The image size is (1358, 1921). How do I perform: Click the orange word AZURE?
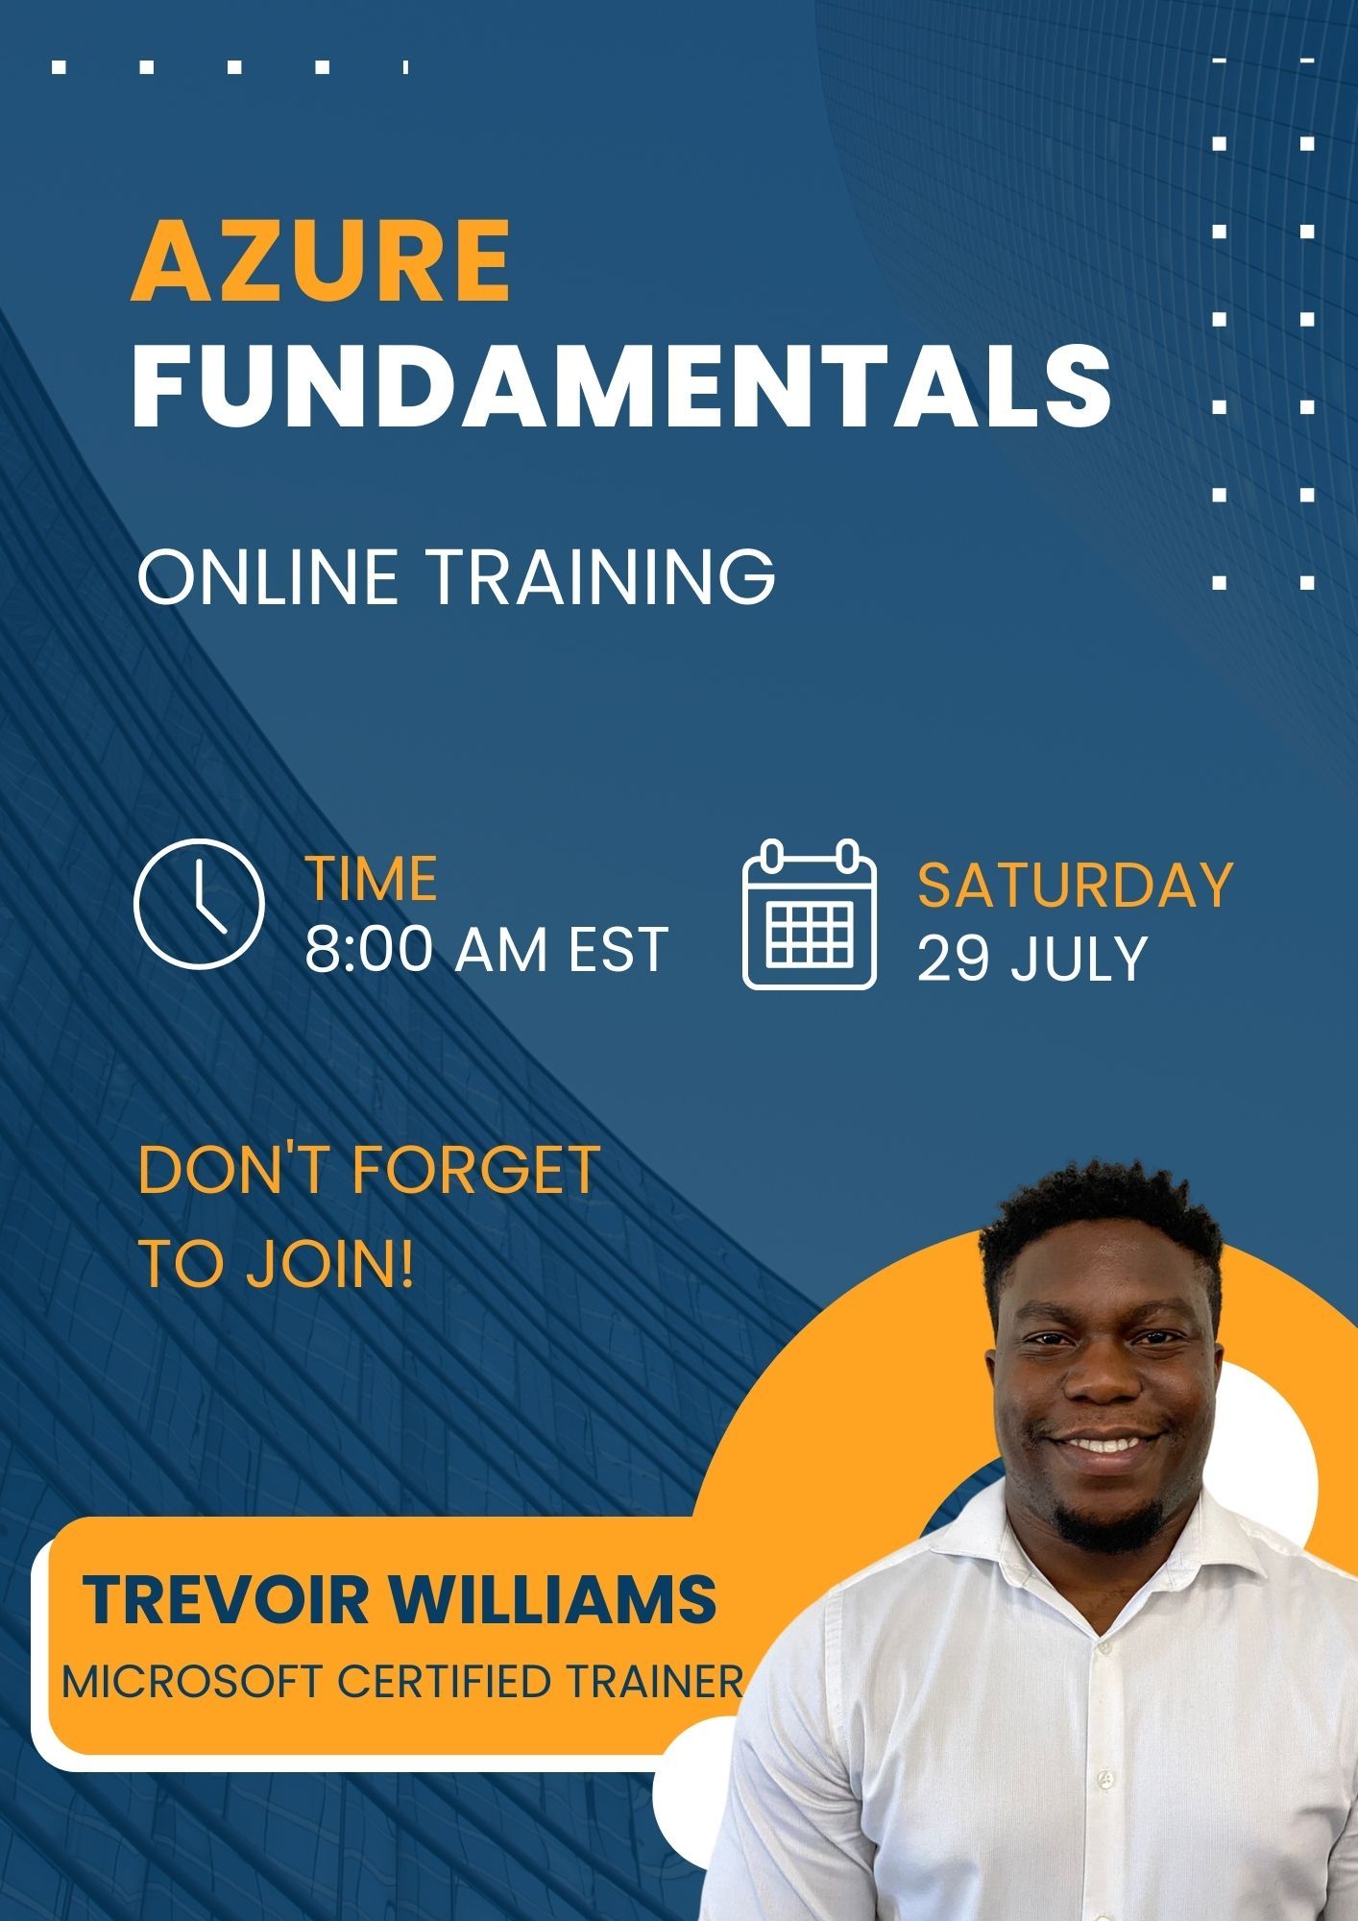tap(321, 261)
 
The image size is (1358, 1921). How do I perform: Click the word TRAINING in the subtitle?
tap(600, 576)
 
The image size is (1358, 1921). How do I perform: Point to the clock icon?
tap(199, 903)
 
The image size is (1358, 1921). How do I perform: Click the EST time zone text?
tap(618, 950)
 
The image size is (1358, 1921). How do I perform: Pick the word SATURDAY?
tap(1075, 885)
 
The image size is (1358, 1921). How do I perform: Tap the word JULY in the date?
tap(1079, 958)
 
